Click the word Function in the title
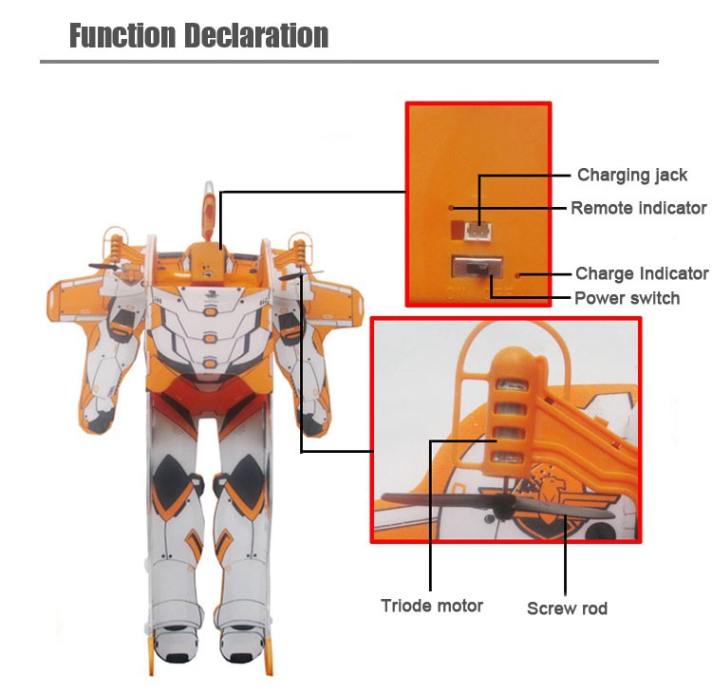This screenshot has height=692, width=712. tap(122, 35)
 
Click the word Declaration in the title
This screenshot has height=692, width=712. tap(256, 35)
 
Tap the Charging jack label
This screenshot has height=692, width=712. tap(632, 176)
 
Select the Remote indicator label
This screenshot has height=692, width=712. tap(639, 208)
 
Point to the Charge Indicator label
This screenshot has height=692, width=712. tap(642, 273)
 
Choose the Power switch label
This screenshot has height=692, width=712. tap(628, 298)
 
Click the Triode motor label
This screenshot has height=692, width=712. tap(432, 606)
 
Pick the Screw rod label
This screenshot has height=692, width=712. tap(567, 608)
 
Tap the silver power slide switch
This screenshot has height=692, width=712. tap(478, 268)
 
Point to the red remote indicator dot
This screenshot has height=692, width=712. tap(451, 208)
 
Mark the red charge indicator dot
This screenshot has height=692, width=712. tap(516, 275)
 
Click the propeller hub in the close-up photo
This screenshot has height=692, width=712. tap(502, 506)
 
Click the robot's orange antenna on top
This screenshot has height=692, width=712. tap(209, 211)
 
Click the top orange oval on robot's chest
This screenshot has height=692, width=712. tap(210, 312)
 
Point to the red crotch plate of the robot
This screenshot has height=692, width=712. tap(210, 395)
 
